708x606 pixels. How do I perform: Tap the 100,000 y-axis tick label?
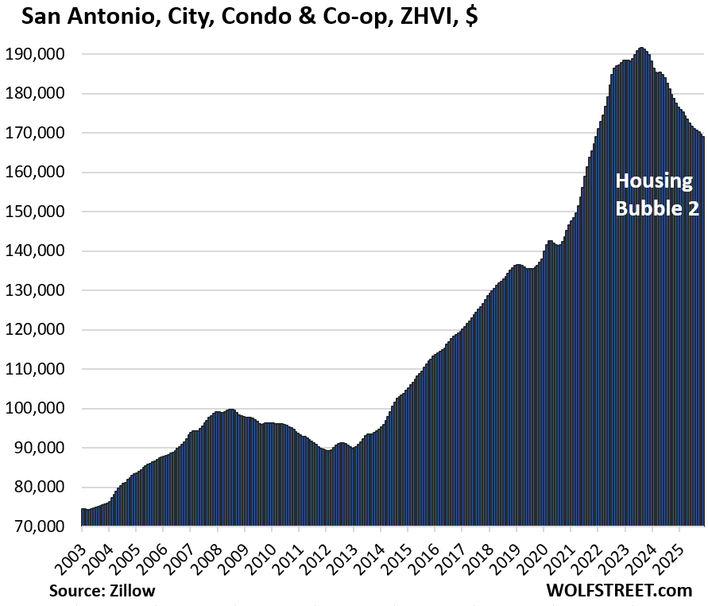click(37, 409)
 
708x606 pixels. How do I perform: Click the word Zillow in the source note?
click(133, 591)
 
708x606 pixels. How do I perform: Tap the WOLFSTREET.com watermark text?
click(619, 591)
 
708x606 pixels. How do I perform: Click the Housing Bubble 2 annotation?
click(654, 192)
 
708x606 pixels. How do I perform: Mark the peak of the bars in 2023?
click(641, 49)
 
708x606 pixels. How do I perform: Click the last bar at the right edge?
click(702, 318)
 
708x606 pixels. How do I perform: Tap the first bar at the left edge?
click(83, 517)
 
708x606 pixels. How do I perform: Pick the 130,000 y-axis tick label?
click(37, 290)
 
